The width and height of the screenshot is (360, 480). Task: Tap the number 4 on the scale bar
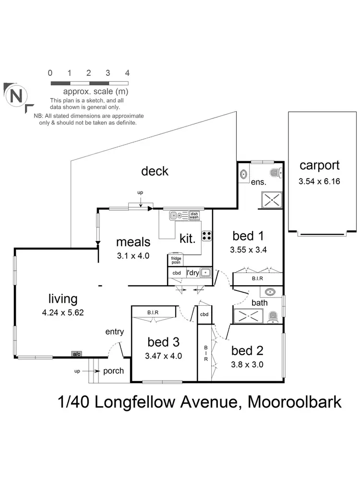tap(127, 73)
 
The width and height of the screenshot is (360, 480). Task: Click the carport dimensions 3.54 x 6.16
tap(319, 182)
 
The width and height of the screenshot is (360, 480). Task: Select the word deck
tap(155, 171)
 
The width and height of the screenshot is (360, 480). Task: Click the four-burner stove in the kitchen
tap(207, 236)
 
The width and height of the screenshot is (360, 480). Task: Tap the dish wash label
tap(194, 216)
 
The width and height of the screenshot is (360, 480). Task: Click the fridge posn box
tap(176, 260)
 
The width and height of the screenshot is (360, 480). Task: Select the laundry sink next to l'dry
tap(206, 273)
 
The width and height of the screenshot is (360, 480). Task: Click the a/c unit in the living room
tap(76, 354)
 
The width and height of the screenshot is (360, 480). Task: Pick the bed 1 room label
tap(248, 236)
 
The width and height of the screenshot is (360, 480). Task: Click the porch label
tap(113, 371)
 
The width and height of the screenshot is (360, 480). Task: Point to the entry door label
tap(115, 332)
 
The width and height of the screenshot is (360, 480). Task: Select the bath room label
tap(260, 303)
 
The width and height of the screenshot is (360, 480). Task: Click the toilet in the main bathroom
tap(273, 317)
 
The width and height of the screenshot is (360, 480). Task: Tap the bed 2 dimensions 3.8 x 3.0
tap(247, 364)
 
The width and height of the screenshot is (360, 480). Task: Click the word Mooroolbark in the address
tap(294, 402)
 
